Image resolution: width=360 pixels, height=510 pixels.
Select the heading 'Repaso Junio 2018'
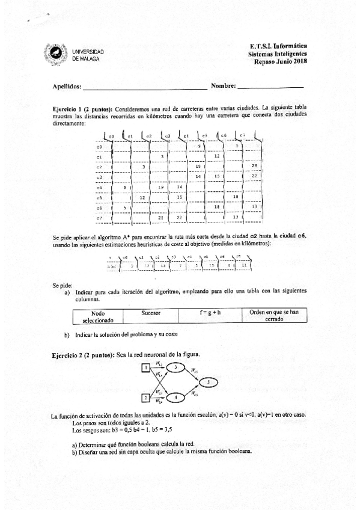click(280, 61)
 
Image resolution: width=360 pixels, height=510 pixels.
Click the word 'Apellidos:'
click(67, 87)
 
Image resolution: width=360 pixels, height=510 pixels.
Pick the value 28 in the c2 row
click(254, 166)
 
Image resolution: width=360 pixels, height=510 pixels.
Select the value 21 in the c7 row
click(160, 217)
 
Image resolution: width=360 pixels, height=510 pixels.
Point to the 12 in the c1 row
click(216, 156)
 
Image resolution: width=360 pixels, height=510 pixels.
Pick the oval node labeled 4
click(175, 397)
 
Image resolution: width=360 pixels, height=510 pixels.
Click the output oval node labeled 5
click(208, 382)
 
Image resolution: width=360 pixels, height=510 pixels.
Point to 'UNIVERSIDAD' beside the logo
click(88, 52)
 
